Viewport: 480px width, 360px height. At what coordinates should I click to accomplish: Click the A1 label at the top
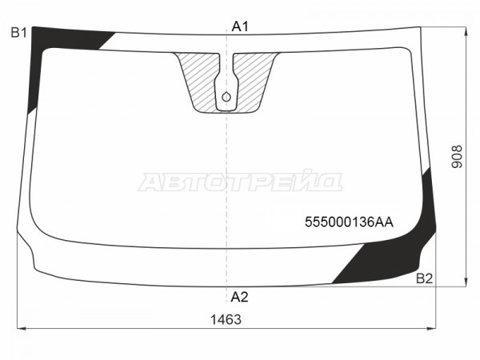click(x=240, y=26)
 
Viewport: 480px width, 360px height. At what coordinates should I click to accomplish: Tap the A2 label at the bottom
click(x=239, y=297)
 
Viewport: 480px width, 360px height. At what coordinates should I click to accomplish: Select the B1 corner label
click(x=19, y=33)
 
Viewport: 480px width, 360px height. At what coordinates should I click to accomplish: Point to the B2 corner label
click(x=424, y=278)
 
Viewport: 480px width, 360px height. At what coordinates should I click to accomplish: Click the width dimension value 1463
click(x=226, y=319)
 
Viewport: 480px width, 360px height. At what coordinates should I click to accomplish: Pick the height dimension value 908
click(x=457, y=157)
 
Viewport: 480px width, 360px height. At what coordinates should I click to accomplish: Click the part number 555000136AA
click(x=349, y=222)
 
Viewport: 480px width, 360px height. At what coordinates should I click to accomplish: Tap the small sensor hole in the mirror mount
click(x=226, y=97)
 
